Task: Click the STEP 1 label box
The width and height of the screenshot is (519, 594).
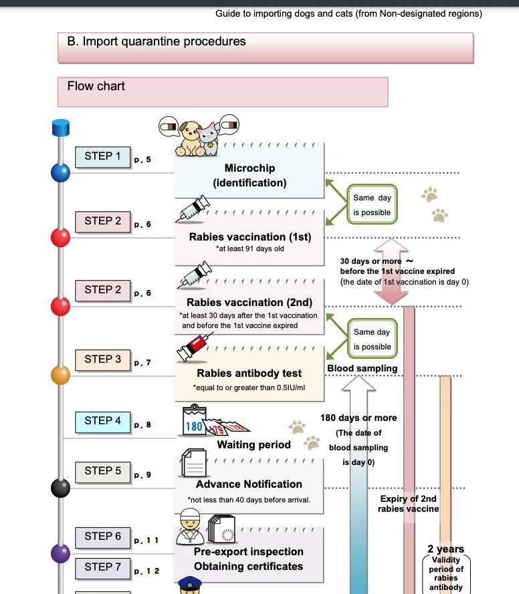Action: click(102, 157)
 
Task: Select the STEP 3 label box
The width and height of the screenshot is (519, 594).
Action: click(102, 360)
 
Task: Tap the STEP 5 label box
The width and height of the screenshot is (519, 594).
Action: click(102, 472)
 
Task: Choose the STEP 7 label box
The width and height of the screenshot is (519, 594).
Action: click(102, 568)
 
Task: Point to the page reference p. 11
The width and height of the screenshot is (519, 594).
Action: click(146, 541)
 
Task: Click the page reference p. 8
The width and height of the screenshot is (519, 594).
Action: click(142, 425)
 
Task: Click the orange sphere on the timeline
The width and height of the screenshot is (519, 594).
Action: click(61, 375)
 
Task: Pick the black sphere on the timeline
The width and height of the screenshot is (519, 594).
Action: click(61, 488)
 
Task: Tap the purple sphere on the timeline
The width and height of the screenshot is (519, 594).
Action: click(61, 553)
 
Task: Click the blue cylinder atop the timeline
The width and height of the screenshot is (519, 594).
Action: click(62, 127)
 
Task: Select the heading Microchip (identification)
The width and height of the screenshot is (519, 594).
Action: click(249, 175)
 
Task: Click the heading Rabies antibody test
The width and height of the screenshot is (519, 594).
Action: click(249, 374)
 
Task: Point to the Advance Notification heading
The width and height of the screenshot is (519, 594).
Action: click(249, 484)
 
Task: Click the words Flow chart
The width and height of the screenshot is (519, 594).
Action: click(96, 86)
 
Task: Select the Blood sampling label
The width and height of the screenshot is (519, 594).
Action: click(362, 368)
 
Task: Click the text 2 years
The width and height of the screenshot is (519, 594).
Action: click(445, 549)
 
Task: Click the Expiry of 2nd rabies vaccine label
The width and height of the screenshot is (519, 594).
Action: click(408, 504)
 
